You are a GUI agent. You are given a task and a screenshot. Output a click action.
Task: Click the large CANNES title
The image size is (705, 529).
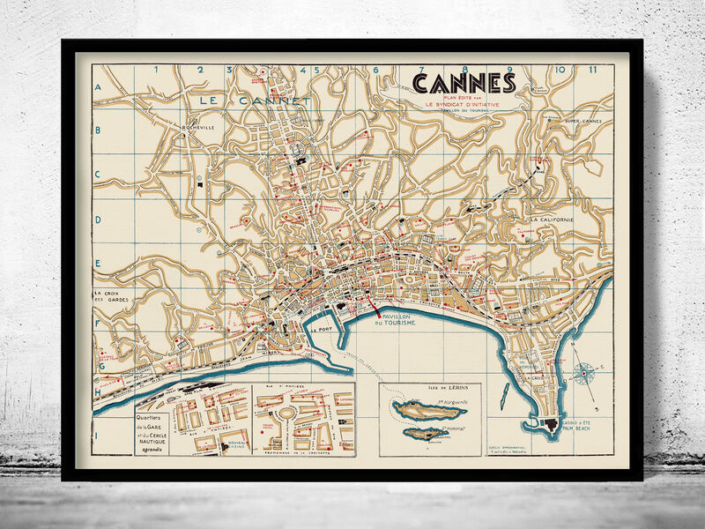pyautogui.click(x=464, y=83)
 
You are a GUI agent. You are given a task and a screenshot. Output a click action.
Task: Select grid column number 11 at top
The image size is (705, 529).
pyautogui.click(x=595, y=69)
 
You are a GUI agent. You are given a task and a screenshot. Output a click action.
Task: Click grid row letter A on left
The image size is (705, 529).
pyautogui.click(x=99, y=88)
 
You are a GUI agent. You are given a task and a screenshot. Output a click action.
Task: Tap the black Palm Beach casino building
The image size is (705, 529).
pyautogui.click(x=553, y=425)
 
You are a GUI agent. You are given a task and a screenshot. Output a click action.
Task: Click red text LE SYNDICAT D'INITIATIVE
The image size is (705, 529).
pyautogui.click(x=463, y=103)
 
